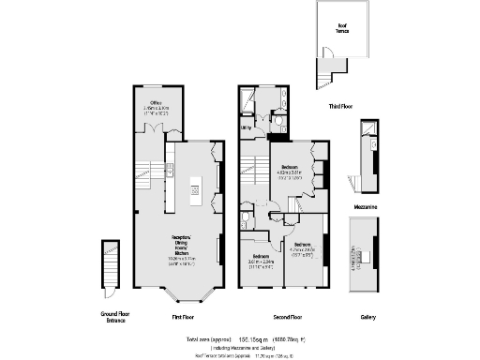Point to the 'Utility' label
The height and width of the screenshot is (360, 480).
coord(246,127)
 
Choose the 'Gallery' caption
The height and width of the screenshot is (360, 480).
coord(369,317)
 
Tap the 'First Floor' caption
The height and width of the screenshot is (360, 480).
coord(183,317)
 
